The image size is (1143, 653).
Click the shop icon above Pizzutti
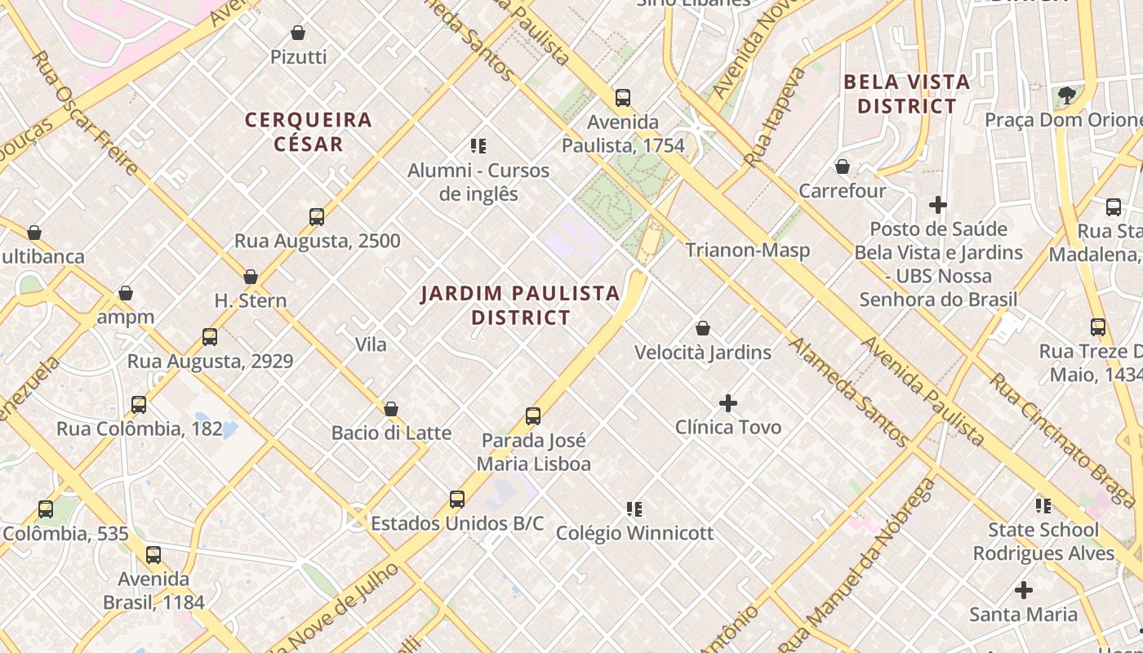coord(298,33)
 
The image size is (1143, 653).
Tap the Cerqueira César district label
coord(309,131)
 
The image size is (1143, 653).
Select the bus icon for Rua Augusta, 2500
coord(317,217)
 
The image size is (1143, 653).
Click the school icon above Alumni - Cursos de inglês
coord(478,146)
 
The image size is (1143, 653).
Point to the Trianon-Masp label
coord(747,250)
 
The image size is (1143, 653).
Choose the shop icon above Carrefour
coord(843,167)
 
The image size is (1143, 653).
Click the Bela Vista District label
coord(906,94)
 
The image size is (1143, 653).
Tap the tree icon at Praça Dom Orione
coord(1066,96)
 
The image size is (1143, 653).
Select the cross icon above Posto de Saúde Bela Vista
coord(938,204)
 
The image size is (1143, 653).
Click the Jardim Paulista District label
coord(520,304)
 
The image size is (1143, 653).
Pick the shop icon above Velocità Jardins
coord(703,328)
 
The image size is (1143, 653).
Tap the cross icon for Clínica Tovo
coord(727,402)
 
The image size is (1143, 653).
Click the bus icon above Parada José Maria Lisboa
coord(533,416)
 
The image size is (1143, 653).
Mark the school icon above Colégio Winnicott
coord(634,509)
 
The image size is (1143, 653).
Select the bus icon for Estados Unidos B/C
coord(457,499)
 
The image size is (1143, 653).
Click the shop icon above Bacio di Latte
coord(391,409)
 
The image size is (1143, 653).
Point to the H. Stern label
coord(251,300)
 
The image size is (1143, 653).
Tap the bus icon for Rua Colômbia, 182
coord(139,405)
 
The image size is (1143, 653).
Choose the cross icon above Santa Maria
coord(1023,589)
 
